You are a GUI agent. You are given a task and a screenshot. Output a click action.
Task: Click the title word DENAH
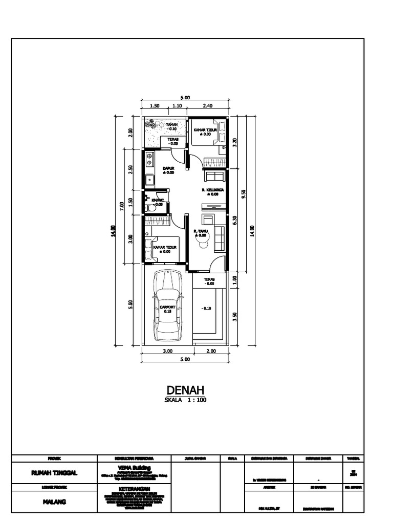[x=185, y=391]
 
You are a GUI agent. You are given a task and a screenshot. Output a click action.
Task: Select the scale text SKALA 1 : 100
[x=185, y=401]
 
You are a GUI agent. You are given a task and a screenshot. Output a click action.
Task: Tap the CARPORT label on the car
[x=167, y=307]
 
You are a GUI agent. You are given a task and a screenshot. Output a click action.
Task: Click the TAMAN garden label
[x=171, y=124]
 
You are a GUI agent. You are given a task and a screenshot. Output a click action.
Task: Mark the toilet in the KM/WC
[x=149, y=208]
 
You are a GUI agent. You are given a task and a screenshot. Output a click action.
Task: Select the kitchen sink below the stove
[x=149, y=180]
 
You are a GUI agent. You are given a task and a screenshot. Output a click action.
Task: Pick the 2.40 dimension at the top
[x=208, y=106]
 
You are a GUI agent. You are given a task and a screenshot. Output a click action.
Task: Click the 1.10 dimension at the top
[x=177, y=106]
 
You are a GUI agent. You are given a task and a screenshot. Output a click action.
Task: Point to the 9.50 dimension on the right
[x=244, y=195]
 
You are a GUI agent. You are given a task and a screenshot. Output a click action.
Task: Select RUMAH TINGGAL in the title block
[x=54, y=473]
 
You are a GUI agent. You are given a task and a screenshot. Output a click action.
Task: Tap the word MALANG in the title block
[x=54, y=501]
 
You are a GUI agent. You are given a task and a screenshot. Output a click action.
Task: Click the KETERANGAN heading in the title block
[x=134, y=489]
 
